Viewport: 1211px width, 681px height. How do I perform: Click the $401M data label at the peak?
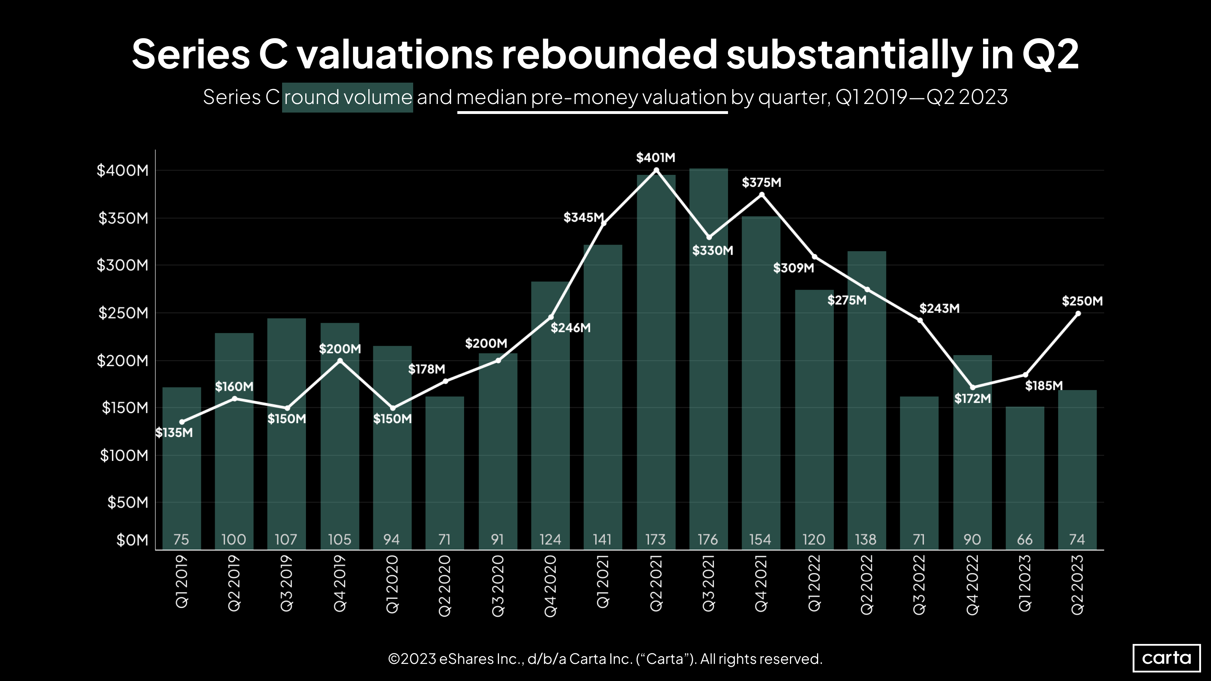[x=655, y=158]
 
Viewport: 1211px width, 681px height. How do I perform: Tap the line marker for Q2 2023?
[x=1078, y=313]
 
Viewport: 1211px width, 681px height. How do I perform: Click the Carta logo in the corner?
[x=1166, y=657]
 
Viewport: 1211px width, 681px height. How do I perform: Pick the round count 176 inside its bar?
[x=708, y=540]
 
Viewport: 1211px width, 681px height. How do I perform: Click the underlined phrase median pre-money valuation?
[x=592, y=97]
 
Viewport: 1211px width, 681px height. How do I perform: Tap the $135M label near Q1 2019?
[x=174, y=433]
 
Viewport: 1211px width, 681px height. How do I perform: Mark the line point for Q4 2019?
[x=340, y=361]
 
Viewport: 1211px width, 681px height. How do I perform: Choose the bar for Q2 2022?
[x=867, y=400]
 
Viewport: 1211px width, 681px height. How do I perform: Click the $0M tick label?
[x=132, y=540]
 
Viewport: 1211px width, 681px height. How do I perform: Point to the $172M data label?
[x=972, y=399]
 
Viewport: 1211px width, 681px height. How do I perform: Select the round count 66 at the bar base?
[x=1025, y=540]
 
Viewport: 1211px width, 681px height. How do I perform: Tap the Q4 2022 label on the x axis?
[x=972, y=584]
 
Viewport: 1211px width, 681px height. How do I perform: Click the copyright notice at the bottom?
[x=605, y=659]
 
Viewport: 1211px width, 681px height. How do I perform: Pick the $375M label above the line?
[x=761, y=183]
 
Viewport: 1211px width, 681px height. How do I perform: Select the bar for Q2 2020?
[x=445, y=470]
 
